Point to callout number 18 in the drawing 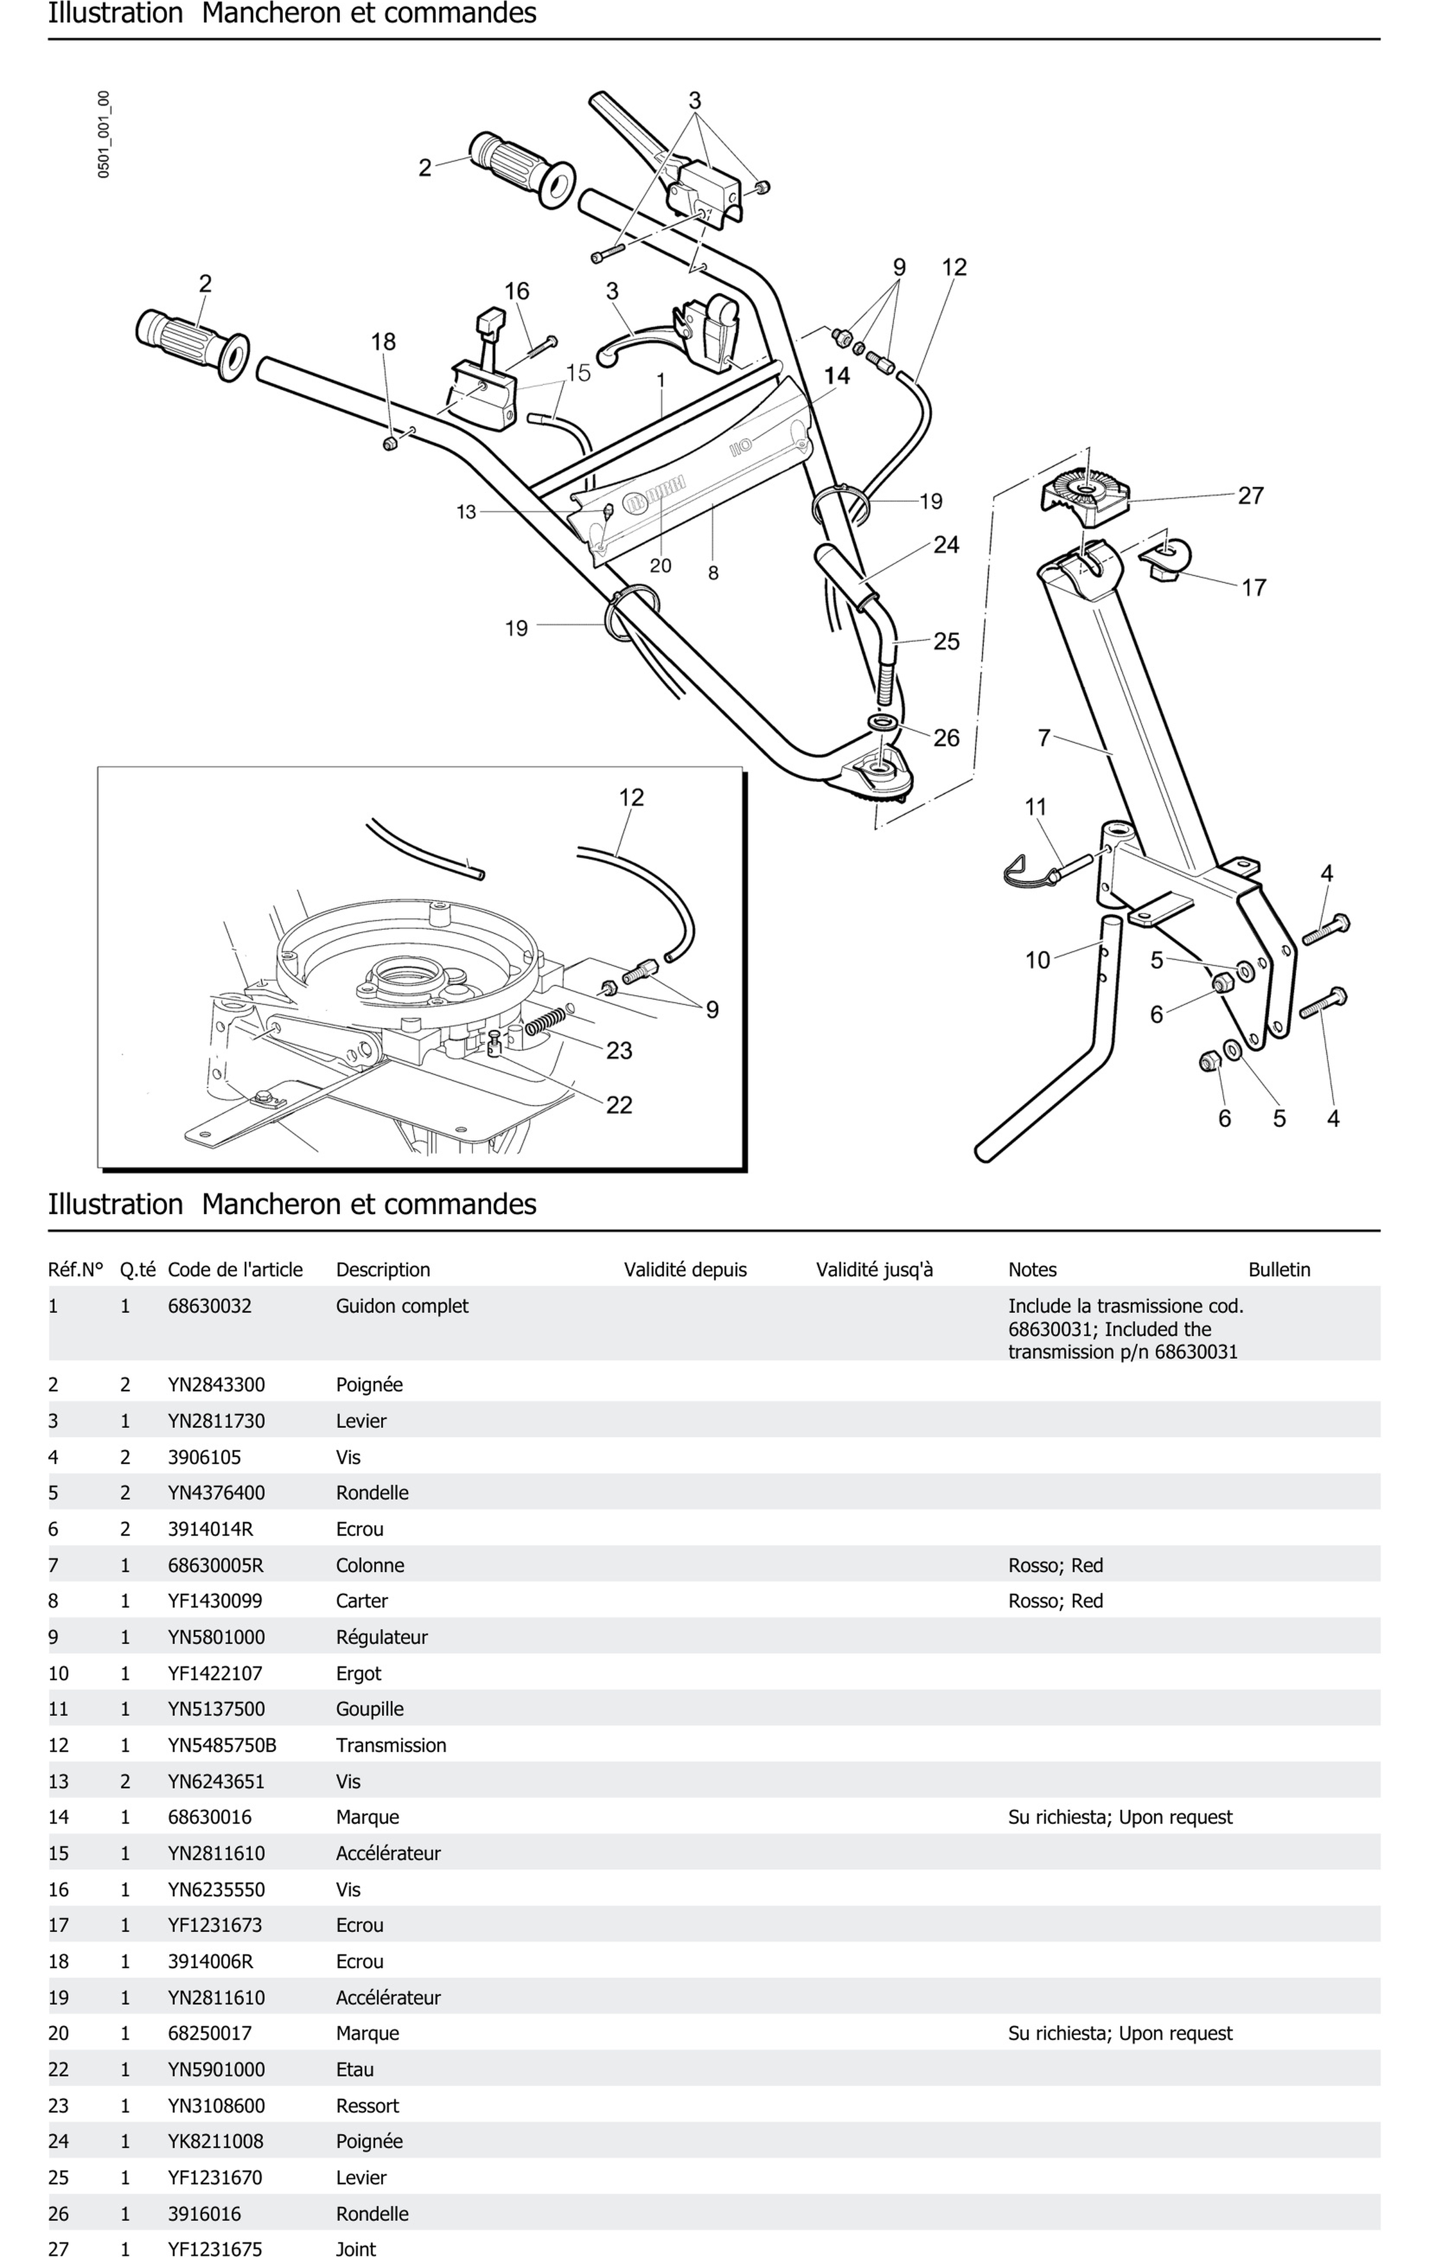coord(383,342)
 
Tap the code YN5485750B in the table coord(222,1745)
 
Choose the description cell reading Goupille coord(369,1709)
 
